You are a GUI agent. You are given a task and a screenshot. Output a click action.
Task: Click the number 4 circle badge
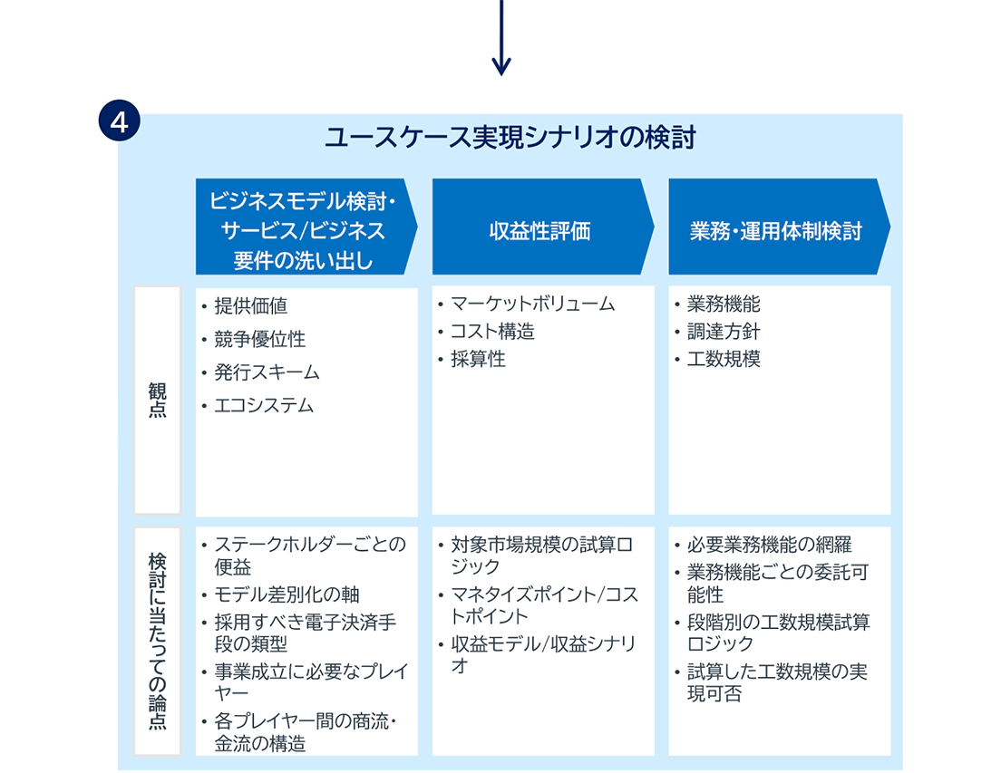[x=120, y=121]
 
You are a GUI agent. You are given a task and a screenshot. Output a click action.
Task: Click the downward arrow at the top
[x=501, y=37]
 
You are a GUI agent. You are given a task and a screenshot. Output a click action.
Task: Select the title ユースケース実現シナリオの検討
[x=510, y=137]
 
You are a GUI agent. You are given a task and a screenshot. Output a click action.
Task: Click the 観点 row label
[x=157, y=400]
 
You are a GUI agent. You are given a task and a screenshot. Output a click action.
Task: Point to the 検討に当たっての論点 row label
[x=157, y=641]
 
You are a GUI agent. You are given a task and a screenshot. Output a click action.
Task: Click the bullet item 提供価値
[x=251, y=306]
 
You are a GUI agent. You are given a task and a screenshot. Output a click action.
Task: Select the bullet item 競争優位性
[x=260, y=339]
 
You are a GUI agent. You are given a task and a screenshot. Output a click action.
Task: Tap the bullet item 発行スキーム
[x=267, y=372]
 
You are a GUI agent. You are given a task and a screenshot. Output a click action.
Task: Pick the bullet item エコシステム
[x=264, y=406]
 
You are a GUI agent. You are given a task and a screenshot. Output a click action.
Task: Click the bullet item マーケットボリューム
[x=533, y=304]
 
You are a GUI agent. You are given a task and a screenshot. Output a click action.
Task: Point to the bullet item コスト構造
[x=493, y=331]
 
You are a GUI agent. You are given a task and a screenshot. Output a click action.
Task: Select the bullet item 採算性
[x=478, y=359]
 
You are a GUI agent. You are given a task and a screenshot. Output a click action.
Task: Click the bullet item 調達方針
[x=724, y=331]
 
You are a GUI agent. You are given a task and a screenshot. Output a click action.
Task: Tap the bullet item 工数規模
[x=724, y=359]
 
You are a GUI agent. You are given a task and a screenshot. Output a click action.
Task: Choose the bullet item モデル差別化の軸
[x=287, y=594]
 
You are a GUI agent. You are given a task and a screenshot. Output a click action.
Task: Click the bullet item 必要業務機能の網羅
[x=770, y=545]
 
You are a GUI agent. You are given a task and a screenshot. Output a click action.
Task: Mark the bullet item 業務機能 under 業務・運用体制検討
[x=724, y=304]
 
